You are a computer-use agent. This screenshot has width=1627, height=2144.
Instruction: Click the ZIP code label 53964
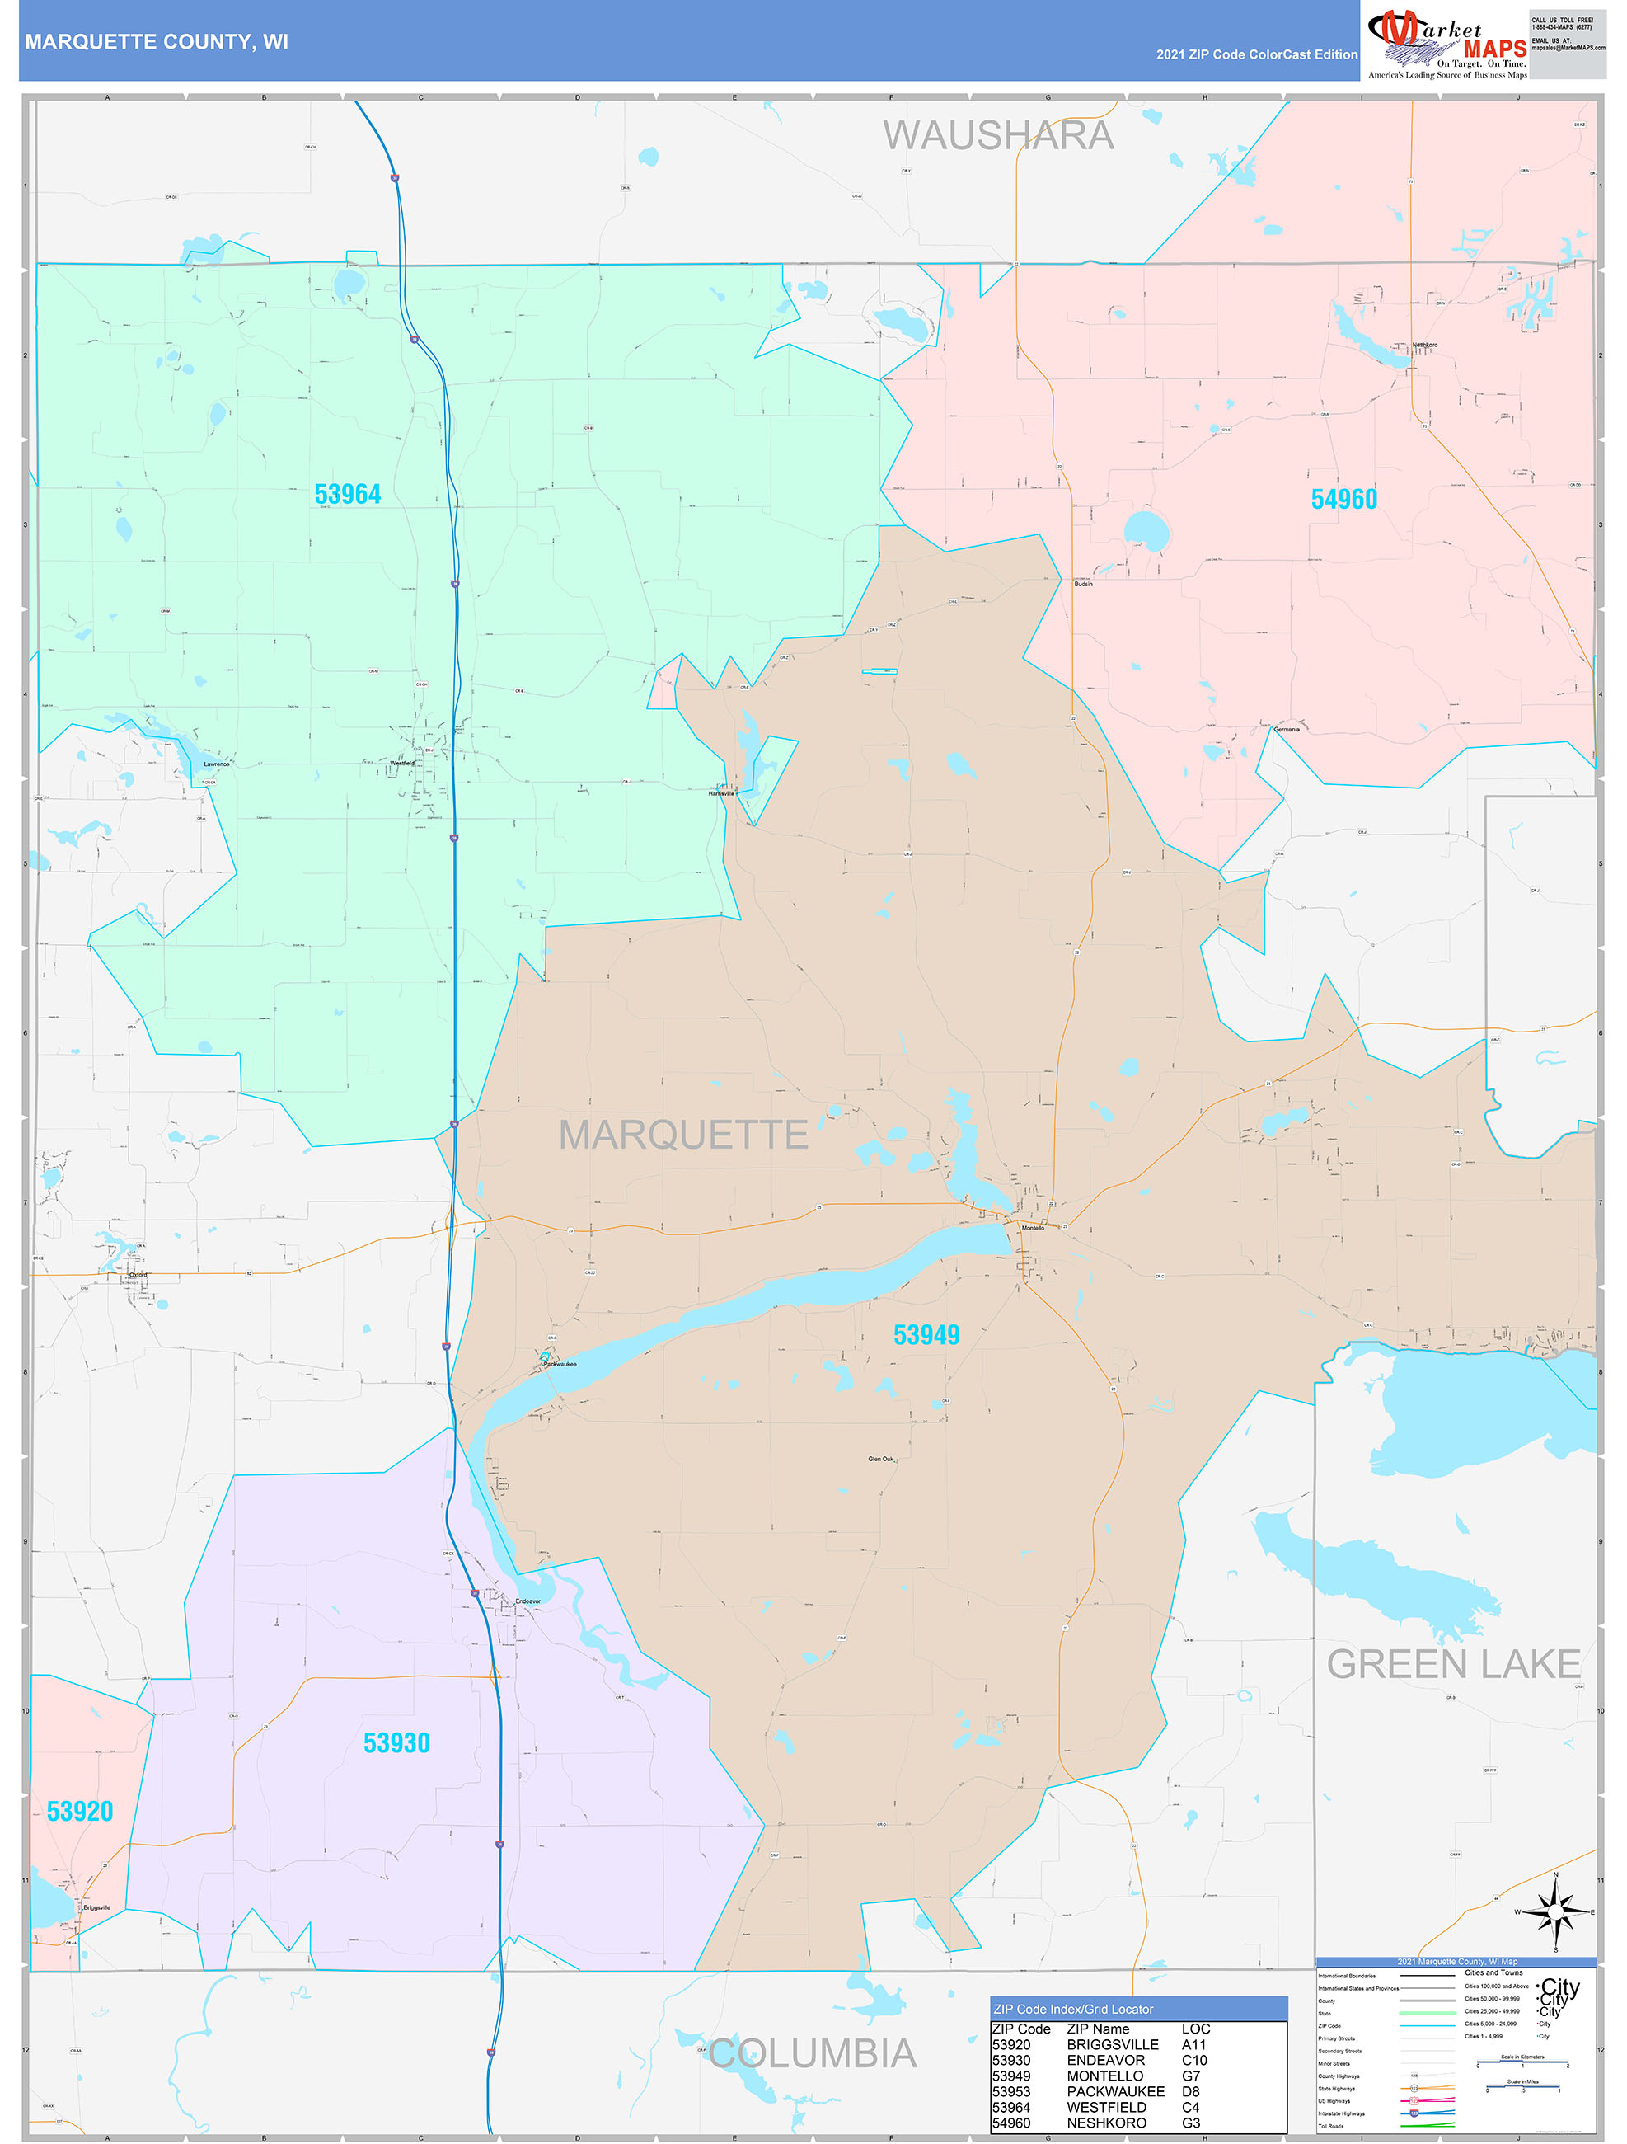pyautogui.click(x=348, y=494)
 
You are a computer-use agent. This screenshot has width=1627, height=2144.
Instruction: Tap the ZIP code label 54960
pyautogui.click(x=1344, y=499)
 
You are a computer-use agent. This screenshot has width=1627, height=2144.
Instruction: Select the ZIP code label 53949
pyautogui.click(x=926, y=1335)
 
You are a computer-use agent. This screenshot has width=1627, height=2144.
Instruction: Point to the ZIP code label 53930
pyautogui.click(x=396, y=1742)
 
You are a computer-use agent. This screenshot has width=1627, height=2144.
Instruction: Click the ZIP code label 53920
pyautogui.click(x=79, y=1811)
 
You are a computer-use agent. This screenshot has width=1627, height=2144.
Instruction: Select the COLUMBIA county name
pyautogui.click(x=812, y=2053)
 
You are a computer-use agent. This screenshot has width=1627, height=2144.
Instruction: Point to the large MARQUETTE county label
pyautogui.click(x=683, y=1134)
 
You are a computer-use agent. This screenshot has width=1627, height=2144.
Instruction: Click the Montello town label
pyautogui.click(x=1033, y=1228)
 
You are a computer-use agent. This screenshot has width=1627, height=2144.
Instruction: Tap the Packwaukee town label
pyautogui.click(x=560, y=1364)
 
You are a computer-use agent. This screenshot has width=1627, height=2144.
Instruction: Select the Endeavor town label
pyautogui.click(x=528, y=1601)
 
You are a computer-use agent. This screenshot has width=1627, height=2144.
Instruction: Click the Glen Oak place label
pyautogui.click(x=881, y=1459)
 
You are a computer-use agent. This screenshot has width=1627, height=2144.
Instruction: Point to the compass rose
pyautogui.click(x=1555, y=1912)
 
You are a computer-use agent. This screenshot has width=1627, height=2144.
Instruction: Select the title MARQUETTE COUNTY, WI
pyautogui.click(x=156, y=42)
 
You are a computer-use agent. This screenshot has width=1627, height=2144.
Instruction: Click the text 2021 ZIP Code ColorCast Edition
pyautogui.click(x=1256, y=54)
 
